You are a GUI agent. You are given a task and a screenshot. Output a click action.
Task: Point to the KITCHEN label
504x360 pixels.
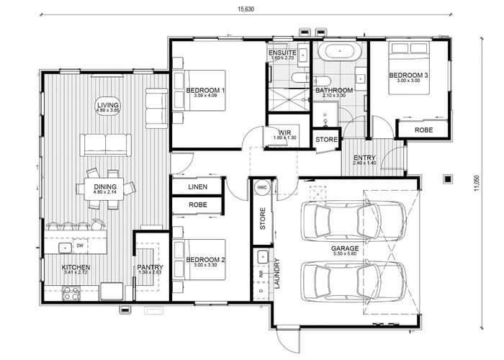tap(75, 267)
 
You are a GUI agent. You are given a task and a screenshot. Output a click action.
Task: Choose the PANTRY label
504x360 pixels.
tap(151, 267)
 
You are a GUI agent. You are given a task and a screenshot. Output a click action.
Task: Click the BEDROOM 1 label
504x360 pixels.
tap(206, 90)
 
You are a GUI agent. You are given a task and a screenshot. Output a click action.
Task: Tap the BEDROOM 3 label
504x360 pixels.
tap(409, 76)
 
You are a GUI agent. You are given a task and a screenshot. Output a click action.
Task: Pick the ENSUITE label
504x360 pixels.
tap(282, 53)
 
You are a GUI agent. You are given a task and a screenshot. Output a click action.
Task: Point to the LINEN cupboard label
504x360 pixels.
tap(197, 186)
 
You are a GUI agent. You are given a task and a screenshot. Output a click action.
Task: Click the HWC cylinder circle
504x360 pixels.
tap(261, 187)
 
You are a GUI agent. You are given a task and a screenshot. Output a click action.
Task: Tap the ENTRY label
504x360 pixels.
tap(364, 158)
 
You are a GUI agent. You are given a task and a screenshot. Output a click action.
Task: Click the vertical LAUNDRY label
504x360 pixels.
tap(276, 274)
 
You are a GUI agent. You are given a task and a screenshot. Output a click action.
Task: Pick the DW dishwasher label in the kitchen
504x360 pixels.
tap(80, 247)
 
